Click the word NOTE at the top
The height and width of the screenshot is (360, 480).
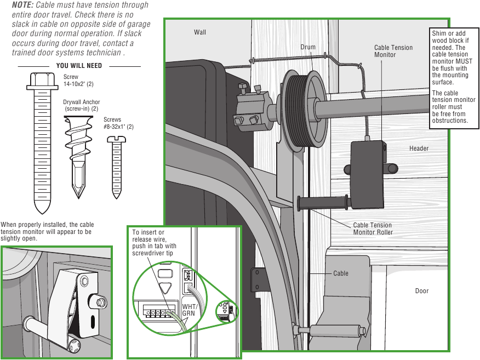[22, 5]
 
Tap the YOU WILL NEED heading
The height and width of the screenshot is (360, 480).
[79, 66]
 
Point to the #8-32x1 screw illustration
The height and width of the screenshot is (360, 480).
[117, 167]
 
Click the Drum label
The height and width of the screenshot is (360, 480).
[308, 47]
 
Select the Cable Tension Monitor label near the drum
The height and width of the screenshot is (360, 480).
[393, 51]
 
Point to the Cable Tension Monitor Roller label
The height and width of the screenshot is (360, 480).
[373, 228]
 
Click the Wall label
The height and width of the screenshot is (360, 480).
[200, 32]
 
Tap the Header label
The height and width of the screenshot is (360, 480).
[419, 148]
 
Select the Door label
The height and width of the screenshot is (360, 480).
[421, 291]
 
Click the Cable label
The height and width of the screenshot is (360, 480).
[340, 273]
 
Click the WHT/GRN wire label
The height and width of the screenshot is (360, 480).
[189, 310]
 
